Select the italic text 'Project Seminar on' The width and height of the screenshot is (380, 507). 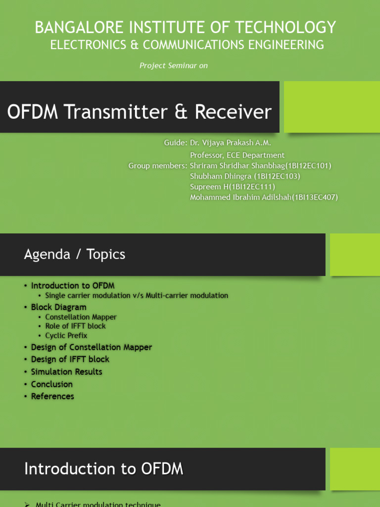(x=174, y=66)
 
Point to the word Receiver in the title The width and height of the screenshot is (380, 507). (x=233, y=112)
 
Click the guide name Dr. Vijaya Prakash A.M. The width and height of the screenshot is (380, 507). (x=231, y=143)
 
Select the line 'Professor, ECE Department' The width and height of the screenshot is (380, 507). (x=237, y=155)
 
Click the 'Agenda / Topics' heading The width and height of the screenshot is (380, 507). (x=75, y=254)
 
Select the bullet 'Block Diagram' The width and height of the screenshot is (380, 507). (x=58, y=307)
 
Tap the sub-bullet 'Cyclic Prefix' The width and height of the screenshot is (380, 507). (x=66, y=335)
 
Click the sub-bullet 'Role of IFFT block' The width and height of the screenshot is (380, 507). (x=75, y=326)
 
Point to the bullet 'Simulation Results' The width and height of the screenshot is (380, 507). (x=66, y=371)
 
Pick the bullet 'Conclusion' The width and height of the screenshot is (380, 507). (x=51, y=384)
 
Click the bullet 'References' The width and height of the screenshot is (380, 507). (x=52, y=396)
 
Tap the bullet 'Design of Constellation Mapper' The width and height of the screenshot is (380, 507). (x=91, y=347)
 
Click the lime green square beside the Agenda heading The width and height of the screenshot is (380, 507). (x=355, y=254)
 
